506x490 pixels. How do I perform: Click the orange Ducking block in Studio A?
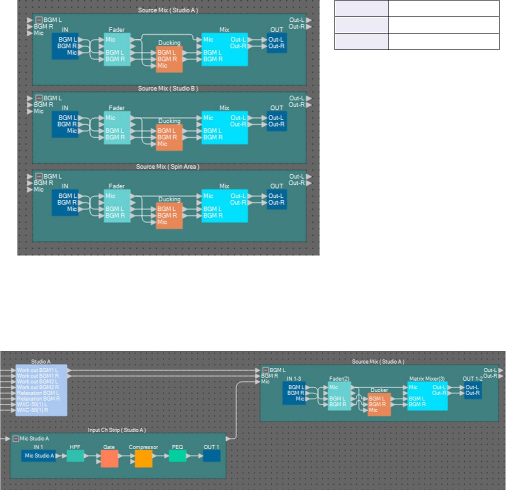tap(169, 59)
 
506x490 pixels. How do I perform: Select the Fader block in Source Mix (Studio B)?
tap(117, 128)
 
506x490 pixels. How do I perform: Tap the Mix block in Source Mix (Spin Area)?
tap(224, 206)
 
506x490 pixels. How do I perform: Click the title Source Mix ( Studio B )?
tap(168, 88)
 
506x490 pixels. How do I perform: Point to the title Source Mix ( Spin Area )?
tap(168, 166)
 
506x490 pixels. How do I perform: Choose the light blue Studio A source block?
tap(41, 390)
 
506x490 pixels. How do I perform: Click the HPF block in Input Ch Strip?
tap(75, 455)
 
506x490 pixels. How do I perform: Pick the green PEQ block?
tap(177, 455)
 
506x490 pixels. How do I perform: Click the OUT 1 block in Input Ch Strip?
tap(211, 455)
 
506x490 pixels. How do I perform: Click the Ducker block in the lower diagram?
tap(379, 404)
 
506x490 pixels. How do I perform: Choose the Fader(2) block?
tap(339, 396)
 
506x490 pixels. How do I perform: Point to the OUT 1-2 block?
tap(472, 390)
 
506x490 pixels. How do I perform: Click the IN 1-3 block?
tap(293, 393)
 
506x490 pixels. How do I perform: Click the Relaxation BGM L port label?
tap(37, 393)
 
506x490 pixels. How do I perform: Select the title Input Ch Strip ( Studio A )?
tap(117, 429)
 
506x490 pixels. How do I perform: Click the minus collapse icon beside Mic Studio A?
tap(16, 439)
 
